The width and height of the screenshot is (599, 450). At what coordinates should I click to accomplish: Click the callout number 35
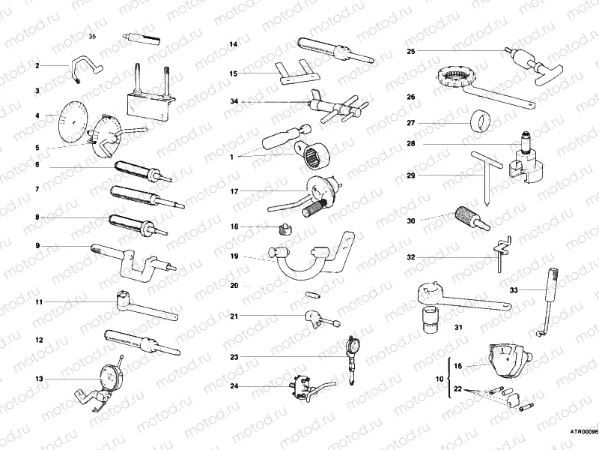[x=92, y=35]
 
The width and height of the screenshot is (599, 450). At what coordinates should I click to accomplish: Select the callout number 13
[x=38, y=379]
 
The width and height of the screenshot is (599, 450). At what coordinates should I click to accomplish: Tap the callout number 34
[x=234, y=101]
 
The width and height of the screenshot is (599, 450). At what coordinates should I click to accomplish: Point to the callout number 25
[x=411, y=51]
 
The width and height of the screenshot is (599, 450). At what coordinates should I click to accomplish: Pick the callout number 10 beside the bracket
[x=440, y=380]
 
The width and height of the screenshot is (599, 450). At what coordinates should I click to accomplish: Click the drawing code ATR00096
[x=584, y=432]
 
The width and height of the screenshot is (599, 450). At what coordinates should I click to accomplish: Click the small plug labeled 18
[x=284, y=227]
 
